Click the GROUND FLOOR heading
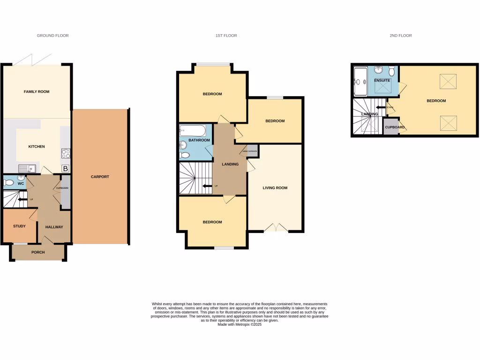[52, 36]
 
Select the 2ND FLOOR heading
[400, 36]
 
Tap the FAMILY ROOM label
[37, 92]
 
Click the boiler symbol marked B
[65, 168]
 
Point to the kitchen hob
[66, 153]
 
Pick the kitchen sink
[25, 168]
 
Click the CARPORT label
[100, 177]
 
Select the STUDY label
[19, 226]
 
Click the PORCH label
[38, 253]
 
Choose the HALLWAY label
[54, 227]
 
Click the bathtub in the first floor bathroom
[193, 130]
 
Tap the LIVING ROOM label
[275, 188]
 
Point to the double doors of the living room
[276, 228]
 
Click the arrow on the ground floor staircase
[22, 201]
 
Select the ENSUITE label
[382, 81]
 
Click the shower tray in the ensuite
[360, 81]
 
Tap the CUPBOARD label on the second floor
[395, 127]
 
